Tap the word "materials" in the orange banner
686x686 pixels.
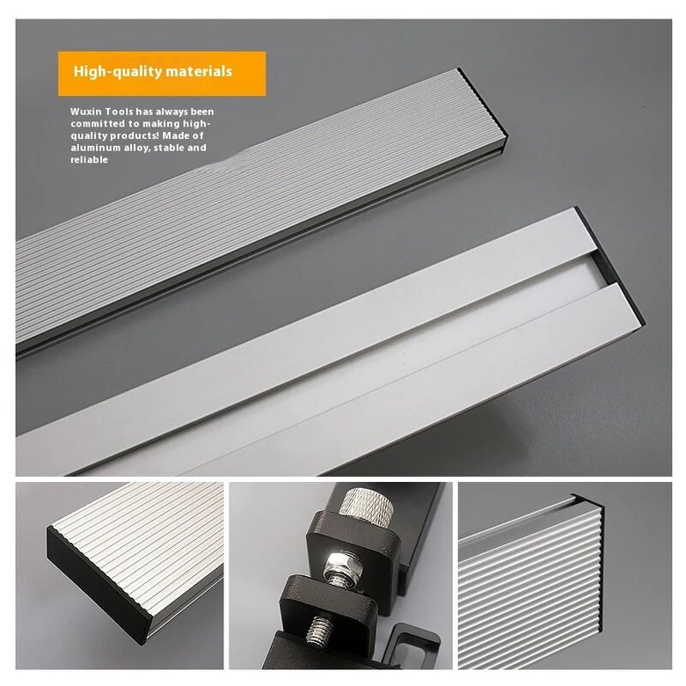194,71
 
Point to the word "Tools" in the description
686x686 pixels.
120,112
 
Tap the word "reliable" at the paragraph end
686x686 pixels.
89,160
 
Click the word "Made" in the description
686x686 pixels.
176,135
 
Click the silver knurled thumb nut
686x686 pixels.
367,507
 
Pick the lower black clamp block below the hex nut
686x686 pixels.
329,600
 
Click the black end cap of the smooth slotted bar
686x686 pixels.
611,266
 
